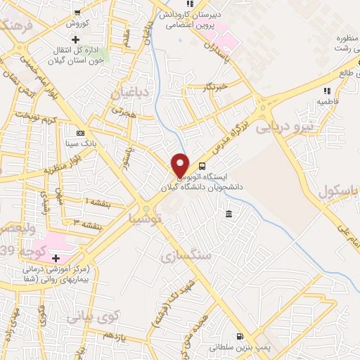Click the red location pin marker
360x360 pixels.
[181, 165]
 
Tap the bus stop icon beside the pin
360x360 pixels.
[203, 167]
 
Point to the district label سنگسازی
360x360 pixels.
[186, 254]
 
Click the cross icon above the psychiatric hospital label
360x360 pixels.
[55, 258]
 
